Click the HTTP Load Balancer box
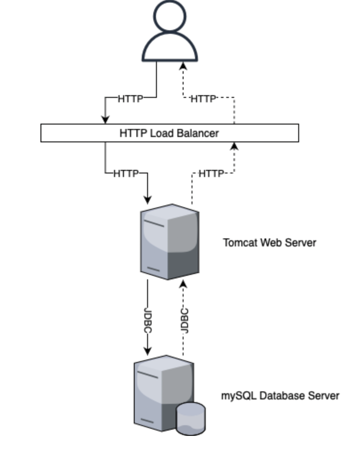point(169,133)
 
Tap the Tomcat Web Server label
point(269,243)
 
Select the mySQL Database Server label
point(280,395)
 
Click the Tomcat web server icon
point(170,242)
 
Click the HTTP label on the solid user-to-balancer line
point(131,99)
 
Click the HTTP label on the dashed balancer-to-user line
point(203,99)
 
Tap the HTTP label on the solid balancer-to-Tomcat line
point(126,173)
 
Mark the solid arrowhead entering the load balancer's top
point(105,119)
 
